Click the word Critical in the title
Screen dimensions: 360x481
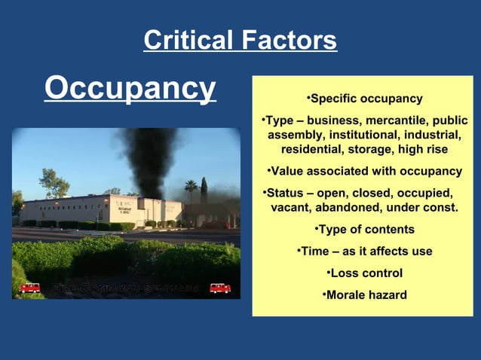click(188, 41)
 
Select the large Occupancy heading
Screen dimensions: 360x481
click(130, 89)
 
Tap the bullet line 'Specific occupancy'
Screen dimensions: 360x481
click(365, 99)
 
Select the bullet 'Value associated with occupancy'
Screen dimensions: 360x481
click(365, 171)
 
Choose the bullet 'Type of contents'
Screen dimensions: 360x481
click(365, 229)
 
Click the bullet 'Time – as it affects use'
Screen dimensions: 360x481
click(365, 251)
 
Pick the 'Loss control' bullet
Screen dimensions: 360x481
click(365, 273)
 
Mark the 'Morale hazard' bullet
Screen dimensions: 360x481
click(365, 294)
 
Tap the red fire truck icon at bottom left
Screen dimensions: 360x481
click(30, 288)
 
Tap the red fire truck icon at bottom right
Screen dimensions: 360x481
click(220, 288)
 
